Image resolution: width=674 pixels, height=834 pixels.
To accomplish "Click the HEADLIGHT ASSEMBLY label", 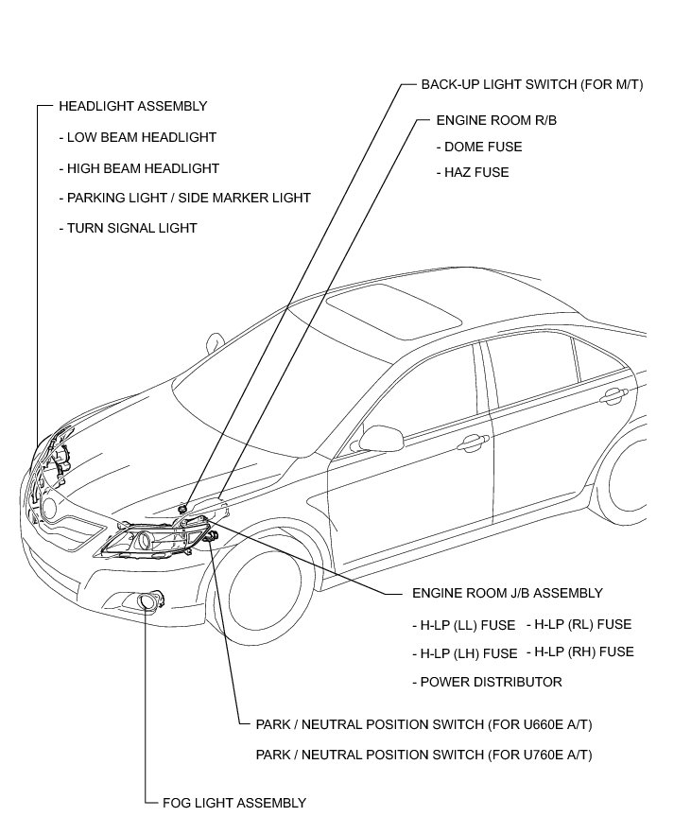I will (132, 107).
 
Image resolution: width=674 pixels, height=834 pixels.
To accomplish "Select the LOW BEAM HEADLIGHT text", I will (141, 138).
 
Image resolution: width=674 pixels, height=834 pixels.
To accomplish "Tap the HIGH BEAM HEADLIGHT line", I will (143, 168).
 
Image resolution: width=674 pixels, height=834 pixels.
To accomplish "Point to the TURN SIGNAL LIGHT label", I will (131, 228).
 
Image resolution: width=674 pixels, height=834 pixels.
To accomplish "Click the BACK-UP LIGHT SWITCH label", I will (532, 84).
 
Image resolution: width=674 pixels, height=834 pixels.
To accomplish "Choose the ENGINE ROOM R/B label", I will (495, 122).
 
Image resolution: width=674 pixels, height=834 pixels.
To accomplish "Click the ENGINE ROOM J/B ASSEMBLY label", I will (507, 593).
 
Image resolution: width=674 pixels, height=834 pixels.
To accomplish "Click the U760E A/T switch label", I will (424, 755).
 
